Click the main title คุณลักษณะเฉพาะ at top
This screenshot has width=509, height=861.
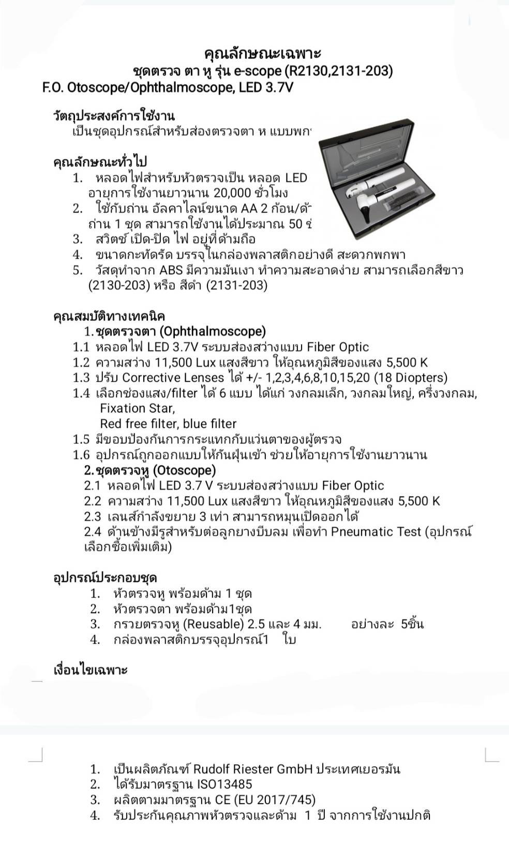point(263,53)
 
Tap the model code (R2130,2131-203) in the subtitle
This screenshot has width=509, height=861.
point(338,70)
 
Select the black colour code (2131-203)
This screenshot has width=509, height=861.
point(236,285)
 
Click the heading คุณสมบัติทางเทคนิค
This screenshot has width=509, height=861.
point(110,316)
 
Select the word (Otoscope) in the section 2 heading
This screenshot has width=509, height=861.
point(184,470)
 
